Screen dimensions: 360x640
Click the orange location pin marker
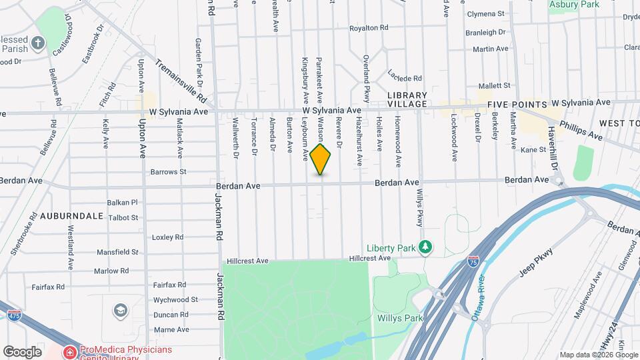320,159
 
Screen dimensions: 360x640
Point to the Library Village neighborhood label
407,100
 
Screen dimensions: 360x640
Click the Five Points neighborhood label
517,105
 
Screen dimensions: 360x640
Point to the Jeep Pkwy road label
537,263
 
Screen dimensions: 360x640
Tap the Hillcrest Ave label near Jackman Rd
247,261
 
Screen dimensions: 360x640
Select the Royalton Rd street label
369,28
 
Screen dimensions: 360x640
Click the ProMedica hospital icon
69,351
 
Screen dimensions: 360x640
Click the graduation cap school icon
120,311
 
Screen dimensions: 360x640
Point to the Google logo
22,351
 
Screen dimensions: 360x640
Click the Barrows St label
168,171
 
